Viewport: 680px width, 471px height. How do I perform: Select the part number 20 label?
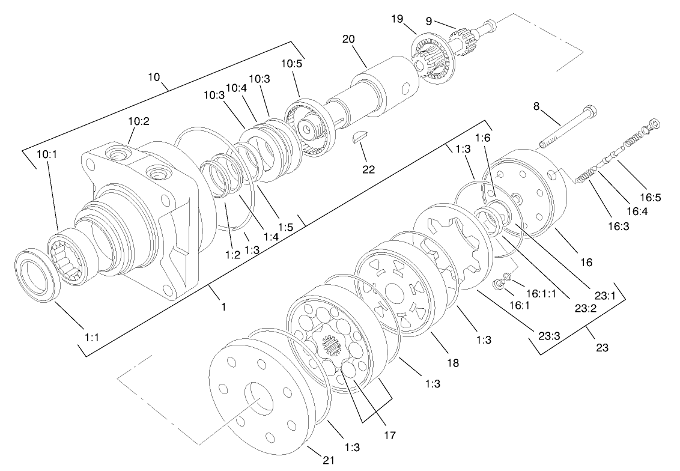349,39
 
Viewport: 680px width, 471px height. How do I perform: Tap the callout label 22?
368,169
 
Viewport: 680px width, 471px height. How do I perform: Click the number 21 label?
328,460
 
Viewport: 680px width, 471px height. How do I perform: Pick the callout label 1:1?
91,338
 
